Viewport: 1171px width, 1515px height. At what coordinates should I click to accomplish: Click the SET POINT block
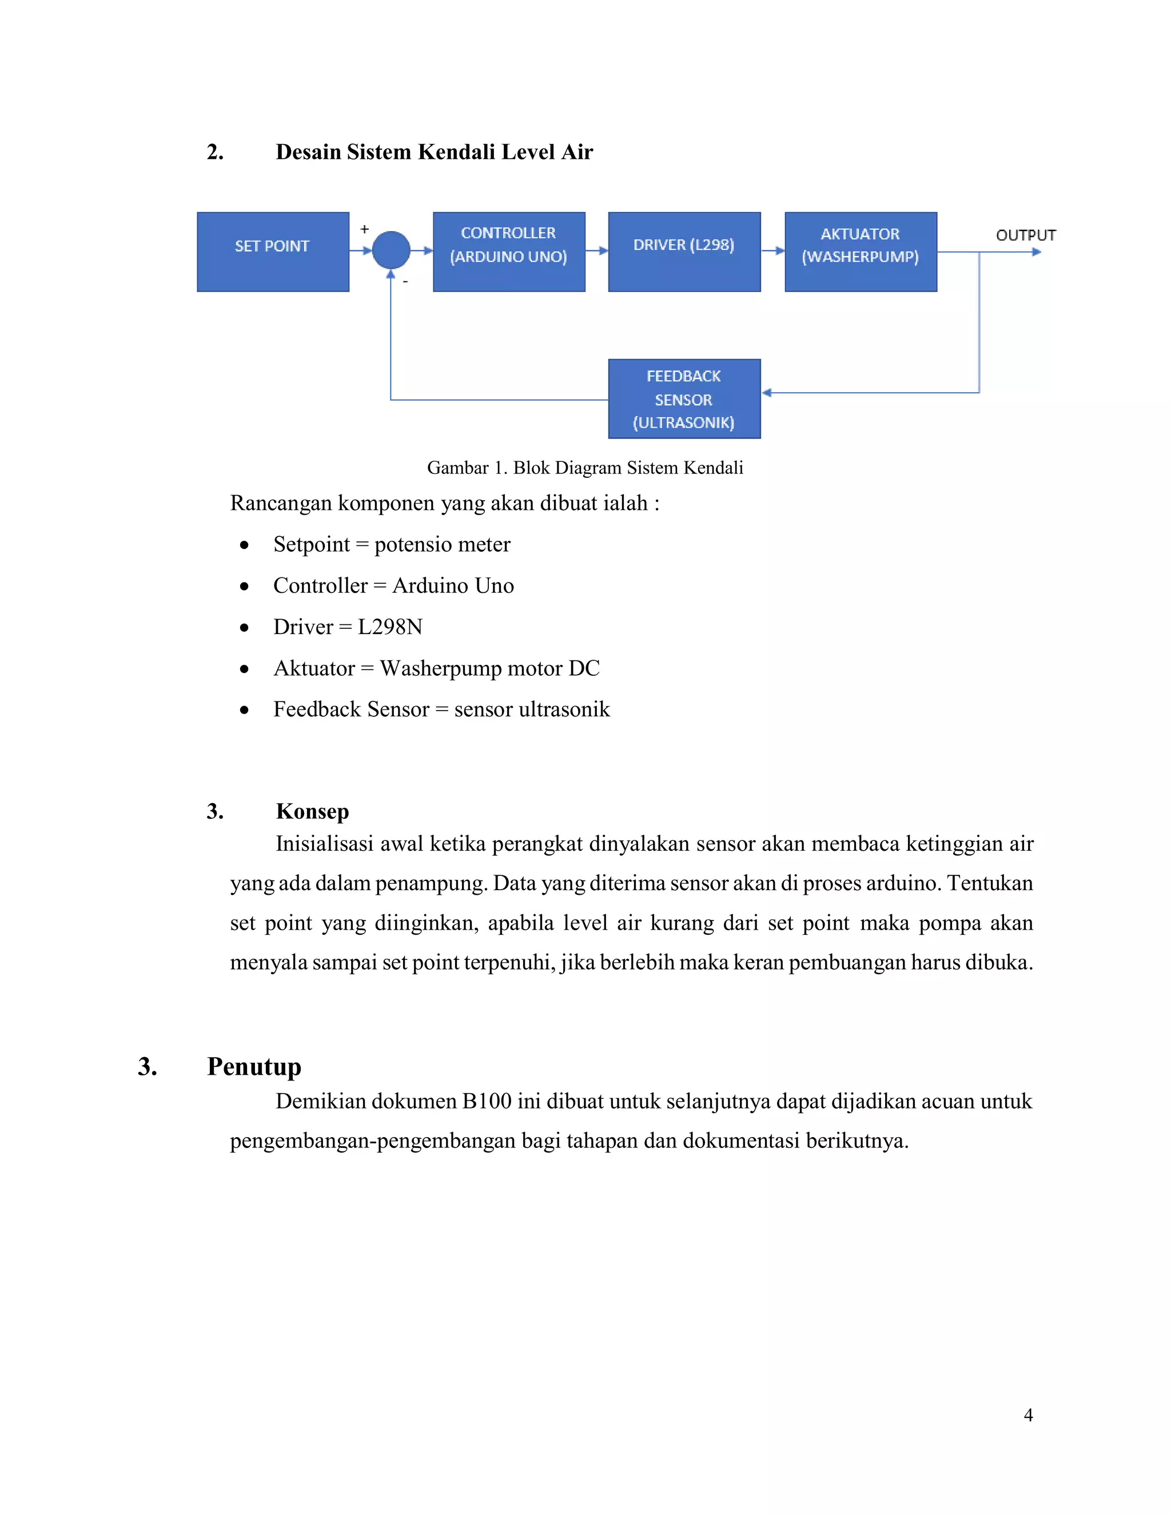273,252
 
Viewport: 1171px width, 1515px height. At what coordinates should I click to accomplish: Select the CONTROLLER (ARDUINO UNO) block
508,252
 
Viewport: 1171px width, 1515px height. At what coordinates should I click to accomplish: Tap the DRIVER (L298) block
684,252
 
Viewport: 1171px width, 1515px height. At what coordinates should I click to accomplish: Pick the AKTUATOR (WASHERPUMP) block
860,252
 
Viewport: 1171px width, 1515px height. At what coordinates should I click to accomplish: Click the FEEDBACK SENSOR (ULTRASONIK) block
684,399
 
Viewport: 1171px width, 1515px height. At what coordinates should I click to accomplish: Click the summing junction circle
391,250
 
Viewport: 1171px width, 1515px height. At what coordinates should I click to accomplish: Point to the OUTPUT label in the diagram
1025,235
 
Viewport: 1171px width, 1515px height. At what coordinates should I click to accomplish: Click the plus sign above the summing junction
364,229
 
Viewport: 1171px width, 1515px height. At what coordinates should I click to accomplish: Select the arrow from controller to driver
596,250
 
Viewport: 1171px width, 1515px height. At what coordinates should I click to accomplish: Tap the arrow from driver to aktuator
773,250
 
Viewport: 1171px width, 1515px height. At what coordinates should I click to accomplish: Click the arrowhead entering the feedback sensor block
767,393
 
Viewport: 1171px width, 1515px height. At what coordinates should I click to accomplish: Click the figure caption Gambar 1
585,468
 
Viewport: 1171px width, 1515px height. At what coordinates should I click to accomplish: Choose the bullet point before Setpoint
244,546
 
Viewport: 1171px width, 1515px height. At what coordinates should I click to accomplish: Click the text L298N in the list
390,627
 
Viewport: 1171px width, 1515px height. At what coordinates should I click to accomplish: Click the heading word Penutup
254,1066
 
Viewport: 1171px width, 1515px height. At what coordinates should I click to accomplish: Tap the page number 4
1028,1415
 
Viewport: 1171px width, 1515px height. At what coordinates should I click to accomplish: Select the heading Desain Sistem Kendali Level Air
435,152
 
